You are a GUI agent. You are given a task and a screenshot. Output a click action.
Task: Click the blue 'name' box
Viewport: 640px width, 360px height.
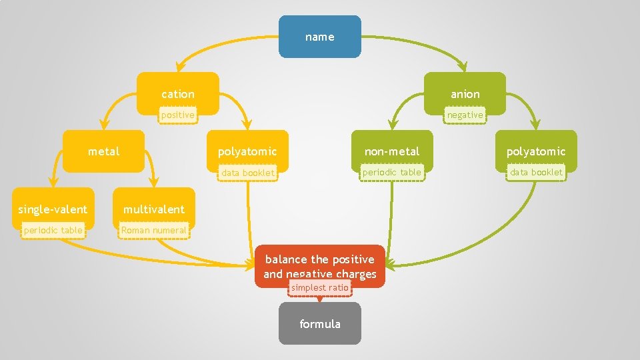coord(320,37)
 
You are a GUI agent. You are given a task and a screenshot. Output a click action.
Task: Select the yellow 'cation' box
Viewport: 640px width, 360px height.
coord(178,93)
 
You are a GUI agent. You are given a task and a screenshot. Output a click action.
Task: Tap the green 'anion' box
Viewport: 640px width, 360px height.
coord(465,93)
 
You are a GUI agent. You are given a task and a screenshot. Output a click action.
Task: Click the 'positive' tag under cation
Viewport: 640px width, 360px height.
coord(177,115)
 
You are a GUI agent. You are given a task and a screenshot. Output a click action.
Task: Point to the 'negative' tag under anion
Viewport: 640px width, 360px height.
coord(465,115)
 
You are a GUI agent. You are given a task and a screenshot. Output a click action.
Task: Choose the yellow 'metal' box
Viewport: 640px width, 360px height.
coord(104,151)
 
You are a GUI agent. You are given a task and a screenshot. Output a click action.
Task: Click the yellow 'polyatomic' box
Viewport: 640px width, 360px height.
coord(247,151)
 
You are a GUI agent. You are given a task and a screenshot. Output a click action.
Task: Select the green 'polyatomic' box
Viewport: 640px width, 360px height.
coord(535,151)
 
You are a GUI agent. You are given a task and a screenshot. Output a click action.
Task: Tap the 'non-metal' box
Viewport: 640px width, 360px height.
coord(392,151)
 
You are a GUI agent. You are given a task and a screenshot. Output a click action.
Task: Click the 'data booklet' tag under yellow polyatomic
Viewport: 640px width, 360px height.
coord(248,173)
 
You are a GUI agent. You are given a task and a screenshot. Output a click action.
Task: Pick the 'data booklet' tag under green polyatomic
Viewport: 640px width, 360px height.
coord(536,173)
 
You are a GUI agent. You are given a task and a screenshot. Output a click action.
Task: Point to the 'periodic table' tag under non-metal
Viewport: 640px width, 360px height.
coord(392,173)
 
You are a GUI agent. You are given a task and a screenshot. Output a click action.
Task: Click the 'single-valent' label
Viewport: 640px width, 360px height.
coord(53,209)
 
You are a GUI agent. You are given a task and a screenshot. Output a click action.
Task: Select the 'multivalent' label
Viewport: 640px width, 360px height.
coord(154,209)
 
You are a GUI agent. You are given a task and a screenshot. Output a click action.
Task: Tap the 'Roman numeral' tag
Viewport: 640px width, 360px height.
coord(154,231)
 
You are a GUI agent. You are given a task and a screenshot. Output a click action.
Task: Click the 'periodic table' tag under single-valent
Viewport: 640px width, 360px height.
coord(53,231)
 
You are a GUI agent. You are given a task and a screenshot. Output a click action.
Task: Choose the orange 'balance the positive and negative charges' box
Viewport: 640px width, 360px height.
coord(320,266)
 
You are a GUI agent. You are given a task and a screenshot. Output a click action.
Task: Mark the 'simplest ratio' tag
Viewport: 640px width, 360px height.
coord(319,288)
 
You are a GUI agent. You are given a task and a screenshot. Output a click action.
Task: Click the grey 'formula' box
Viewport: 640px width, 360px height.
coord(320,324)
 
